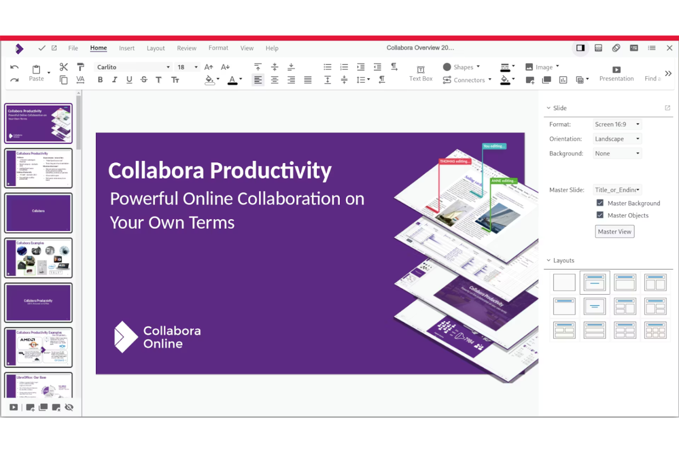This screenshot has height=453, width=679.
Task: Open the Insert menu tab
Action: point(127,48)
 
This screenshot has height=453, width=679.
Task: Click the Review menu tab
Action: point(186,48)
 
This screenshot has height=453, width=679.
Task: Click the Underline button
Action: point(129,80)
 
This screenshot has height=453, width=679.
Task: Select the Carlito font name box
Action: point(131,67)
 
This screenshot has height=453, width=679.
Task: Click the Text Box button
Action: point(421,73)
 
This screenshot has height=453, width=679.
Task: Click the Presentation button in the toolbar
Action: point(616,73)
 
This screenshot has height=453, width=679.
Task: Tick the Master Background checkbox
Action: point(600,203)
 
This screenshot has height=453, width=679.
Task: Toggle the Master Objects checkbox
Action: point(600,215)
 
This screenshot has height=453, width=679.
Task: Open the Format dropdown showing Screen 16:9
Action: point(617,124)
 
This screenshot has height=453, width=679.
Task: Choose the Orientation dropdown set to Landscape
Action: point(617,139)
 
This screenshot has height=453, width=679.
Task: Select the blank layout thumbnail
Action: point(564,282)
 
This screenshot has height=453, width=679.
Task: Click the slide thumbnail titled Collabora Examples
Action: point(39,258)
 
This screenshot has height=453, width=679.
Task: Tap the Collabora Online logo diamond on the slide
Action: point(125,336)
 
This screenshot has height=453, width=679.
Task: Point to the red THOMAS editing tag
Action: point(455,162)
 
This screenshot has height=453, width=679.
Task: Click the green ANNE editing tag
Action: point(503,181)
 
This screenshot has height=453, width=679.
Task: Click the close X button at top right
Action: point(669,48)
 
